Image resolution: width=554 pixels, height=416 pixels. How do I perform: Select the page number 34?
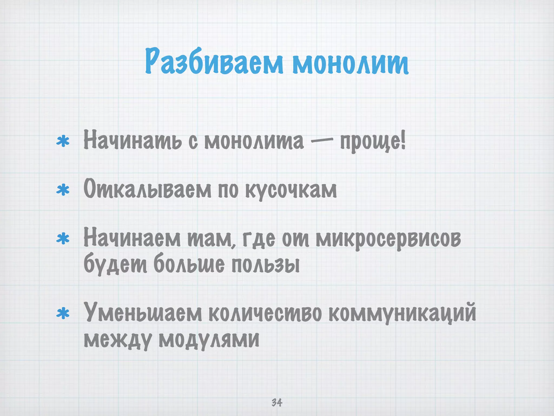pos(277,402)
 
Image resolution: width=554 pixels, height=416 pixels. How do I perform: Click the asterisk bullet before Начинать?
pos(63,142)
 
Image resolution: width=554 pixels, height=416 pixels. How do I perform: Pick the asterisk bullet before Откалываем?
pos(63,190)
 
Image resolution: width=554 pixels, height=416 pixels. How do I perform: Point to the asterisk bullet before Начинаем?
pos(63,239)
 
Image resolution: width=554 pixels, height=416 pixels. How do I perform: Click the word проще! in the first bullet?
pos(373,142)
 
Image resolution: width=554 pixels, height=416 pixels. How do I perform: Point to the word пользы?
pos(265,264)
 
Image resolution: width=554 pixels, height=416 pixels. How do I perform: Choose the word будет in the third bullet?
pos(115,264)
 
